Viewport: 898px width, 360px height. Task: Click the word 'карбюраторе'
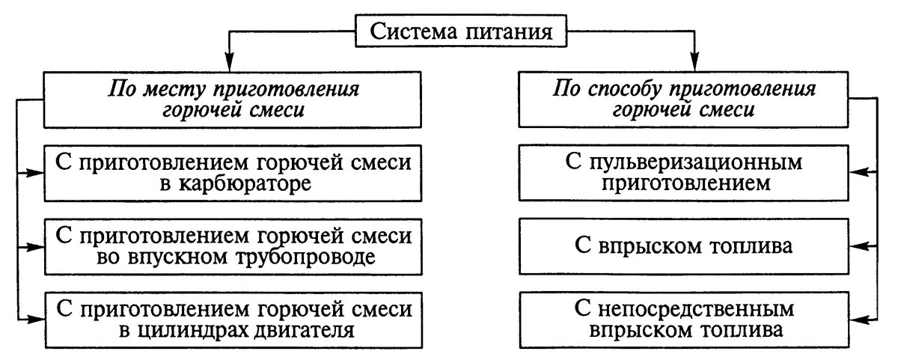243,184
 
